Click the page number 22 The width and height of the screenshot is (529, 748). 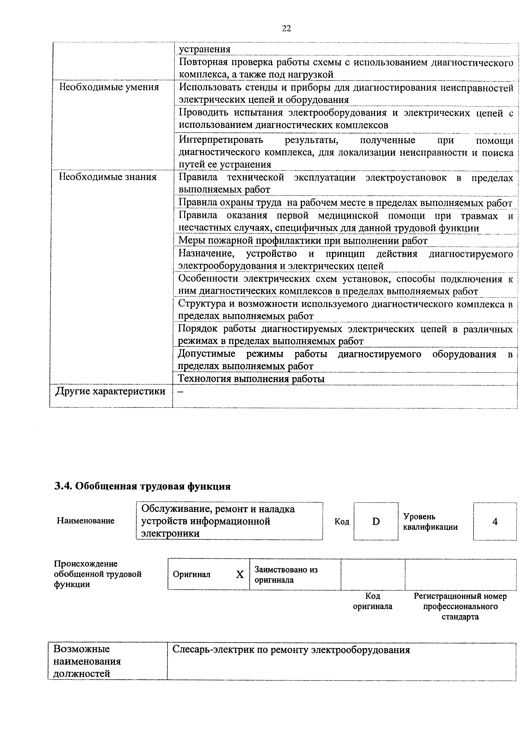click(x=286, y=29)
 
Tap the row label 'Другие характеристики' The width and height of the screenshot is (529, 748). click(x=111, y=391)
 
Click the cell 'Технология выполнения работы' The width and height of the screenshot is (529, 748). click(x=251, y=379)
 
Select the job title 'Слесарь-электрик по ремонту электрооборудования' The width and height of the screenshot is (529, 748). click(x=291, y=650)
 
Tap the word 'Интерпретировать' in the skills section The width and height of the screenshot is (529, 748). click(x=221, y=140)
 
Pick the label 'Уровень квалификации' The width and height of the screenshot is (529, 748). click(x=430, y=521)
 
